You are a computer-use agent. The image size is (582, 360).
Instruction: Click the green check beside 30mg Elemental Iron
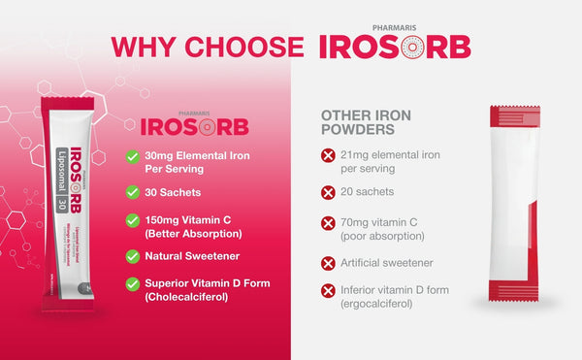132,156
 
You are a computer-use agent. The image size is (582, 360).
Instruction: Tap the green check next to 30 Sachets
132,191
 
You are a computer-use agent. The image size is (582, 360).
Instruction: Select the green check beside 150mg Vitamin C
132,222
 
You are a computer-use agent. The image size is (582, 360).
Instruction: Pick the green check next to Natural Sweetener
132,256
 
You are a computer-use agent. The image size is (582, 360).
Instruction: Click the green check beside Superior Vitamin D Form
132,284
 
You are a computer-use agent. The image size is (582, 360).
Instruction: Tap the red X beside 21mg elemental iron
328,155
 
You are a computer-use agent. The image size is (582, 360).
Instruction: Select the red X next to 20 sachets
328,192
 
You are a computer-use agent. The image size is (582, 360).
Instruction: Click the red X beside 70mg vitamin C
328,222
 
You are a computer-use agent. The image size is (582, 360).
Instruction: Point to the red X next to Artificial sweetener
328,262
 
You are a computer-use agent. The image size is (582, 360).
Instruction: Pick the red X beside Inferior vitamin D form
328,290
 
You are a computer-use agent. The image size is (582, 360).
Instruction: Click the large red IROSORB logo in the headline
394,47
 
